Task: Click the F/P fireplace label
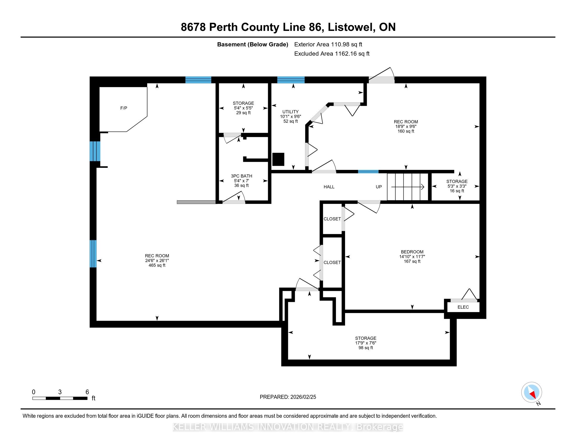[x=124, y=108]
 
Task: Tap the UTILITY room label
[x=290, y=112]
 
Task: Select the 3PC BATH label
[x=242, y=176]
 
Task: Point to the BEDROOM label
[x=412, y=252]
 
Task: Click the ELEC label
[x=463, y=307]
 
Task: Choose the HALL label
[x=329, y=187]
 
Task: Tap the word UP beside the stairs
[x=379, y=187]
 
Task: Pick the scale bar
[x=60, y=398]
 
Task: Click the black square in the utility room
[x=278, y=159]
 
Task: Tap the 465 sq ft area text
[x=157, y=265]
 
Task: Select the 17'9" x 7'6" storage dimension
[x=365, y=343]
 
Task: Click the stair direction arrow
[x=407, y=187]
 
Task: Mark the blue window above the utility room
[x=291, y=80]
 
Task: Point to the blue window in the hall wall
[x=368, y=172]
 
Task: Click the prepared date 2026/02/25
[x=303, y=397]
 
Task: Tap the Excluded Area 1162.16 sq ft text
[x=332, y=54]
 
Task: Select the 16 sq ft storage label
[x=457, y=191]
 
